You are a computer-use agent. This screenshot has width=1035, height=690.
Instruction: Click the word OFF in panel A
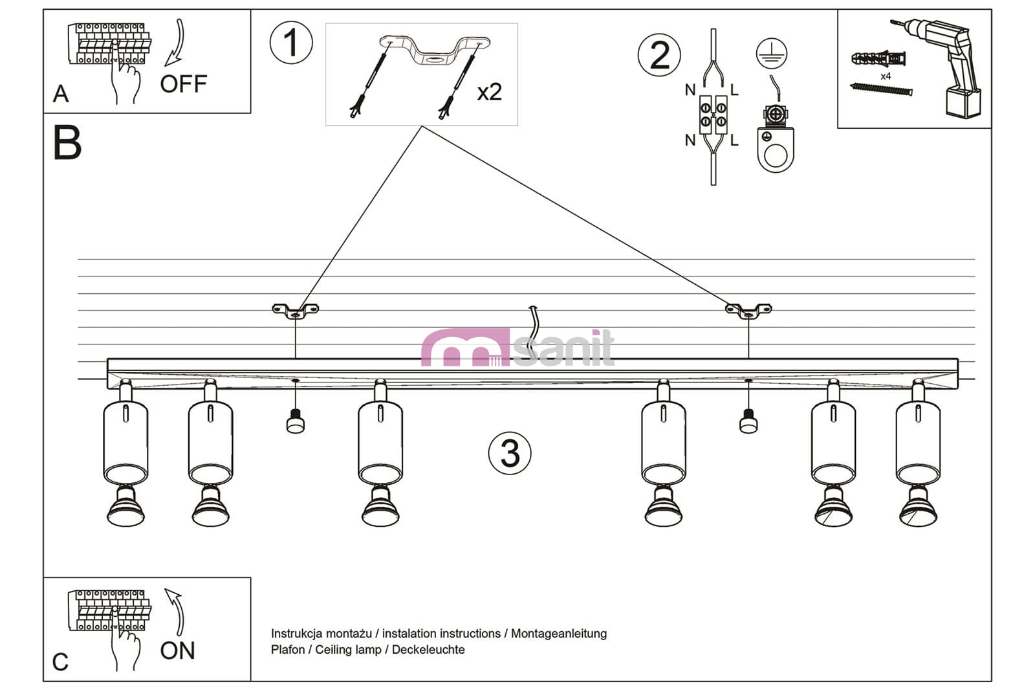(184, 84)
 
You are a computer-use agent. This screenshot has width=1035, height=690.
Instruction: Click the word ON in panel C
(177, 651)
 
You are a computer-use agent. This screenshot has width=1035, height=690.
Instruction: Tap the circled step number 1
(291, 43)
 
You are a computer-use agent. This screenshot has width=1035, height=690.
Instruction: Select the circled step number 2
(659, 55)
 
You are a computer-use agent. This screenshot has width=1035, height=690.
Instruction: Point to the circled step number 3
(510, 453)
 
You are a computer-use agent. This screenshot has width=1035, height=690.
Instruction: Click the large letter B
(67, 142)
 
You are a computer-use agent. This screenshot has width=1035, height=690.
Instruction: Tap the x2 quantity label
(489, 91)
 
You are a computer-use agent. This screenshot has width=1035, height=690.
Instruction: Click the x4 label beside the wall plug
(886, 76)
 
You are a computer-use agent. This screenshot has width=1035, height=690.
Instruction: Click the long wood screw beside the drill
(881, 89)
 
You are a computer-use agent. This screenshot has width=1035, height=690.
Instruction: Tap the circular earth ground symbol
(772, 54)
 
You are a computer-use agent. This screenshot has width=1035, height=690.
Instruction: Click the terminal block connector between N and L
(713, 115)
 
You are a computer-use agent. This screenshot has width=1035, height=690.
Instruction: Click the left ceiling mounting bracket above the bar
(295, 310)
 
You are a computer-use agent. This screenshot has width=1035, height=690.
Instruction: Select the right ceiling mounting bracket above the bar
(748, 310)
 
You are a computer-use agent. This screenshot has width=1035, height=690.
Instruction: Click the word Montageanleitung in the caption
(559, 634)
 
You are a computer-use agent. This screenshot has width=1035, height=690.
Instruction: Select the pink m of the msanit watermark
(465, 348)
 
